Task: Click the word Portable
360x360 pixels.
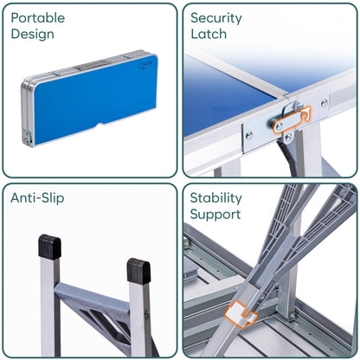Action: tap(38, 18)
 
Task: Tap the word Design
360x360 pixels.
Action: tap(32, 35)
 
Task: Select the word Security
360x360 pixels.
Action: tap(216, 18)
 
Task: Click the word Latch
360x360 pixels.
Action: tap(209, 34)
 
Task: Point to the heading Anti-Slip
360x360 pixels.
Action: tap(37, 198)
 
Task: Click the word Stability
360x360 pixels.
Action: tap(215, 198)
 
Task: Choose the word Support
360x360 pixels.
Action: tap(215, 215)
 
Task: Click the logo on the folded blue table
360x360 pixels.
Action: tap(145, 66)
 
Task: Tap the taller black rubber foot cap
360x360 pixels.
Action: tap(49, 247)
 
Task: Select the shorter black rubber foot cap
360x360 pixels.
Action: tap(138, 271)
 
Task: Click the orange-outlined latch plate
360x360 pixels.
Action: tap(292, 120)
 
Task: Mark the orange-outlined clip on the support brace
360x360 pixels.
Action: tap(240, 314)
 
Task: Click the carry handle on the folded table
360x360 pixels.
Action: tap(91, 66)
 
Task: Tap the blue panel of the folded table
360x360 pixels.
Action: tap(95, 99)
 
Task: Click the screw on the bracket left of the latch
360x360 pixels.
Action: tap(249, 135)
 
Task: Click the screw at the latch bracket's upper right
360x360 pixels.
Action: tap(325, 102)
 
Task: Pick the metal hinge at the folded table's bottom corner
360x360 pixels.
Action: tap(28, 138)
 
